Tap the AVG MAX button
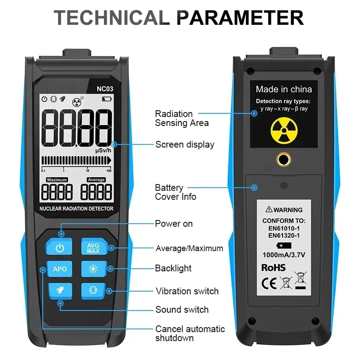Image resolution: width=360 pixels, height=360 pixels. (94, 247)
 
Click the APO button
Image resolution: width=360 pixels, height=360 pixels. (59, 269)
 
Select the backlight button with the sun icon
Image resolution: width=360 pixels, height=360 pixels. (94, 269)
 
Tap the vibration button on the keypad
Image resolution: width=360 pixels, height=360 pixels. (93, 291)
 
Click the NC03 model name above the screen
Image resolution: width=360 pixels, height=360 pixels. (105, 89)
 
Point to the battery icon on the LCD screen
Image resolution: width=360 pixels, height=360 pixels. (107, 99)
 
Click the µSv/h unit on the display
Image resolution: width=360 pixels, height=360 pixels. (103, 151)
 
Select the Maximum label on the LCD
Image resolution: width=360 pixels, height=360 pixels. (57, 180)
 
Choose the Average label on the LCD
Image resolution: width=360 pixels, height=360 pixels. (96, 180)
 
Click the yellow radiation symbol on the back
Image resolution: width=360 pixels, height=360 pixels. (284, 130)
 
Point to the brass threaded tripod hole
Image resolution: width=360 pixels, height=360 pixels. (284, 159)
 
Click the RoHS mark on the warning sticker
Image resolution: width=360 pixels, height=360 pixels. (274, 268)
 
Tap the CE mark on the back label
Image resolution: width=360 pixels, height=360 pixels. (269, 283)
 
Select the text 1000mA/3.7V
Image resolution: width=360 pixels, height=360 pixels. (284, 255)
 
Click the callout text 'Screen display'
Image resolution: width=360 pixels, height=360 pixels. (184, 144)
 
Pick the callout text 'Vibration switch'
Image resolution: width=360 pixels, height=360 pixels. (187, 291)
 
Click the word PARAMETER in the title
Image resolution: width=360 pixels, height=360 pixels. (240, 18)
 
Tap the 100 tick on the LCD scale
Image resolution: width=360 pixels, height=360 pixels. (109, 171)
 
